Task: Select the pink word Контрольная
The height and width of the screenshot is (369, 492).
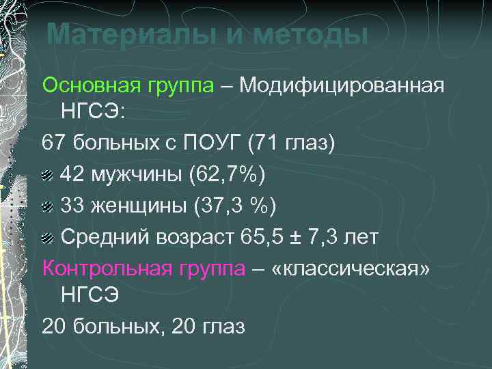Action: click(94, 269)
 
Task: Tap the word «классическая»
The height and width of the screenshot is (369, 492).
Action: click(351, 269)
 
